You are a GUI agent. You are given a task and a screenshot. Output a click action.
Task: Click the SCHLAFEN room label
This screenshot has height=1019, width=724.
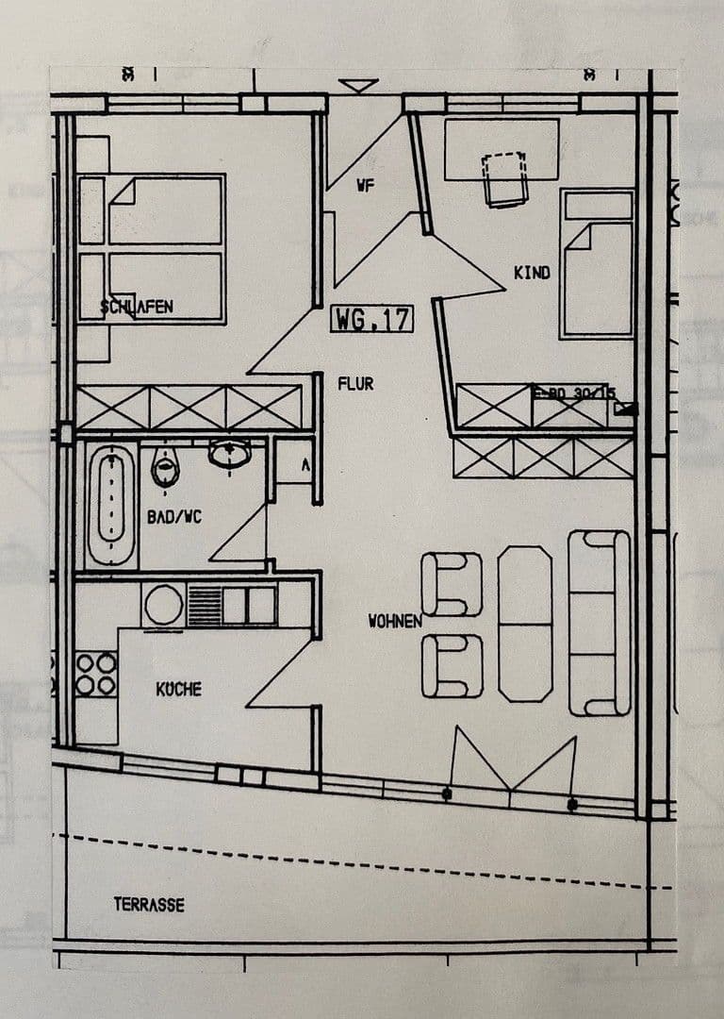point(137,307)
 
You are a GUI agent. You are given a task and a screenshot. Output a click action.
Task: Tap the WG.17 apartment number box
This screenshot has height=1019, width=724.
point(371,319)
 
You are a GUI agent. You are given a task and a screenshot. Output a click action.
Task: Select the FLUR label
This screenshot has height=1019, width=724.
point(355,384)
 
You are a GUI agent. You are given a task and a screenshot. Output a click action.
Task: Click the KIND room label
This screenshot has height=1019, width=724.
point(531,273)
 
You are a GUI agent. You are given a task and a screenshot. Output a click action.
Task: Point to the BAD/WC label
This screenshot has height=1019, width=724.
point(173,517)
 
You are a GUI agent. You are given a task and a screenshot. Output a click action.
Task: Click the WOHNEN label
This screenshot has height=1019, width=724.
point(395,622)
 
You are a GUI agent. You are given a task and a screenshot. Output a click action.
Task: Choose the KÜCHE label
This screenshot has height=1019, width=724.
point(178,690)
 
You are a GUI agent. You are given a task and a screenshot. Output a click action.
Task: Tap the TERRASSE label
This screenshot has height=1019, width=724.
point(149,904)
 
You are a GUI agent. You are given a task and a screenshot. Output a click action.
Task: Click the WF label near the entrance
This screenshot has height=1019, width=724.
point(366,186)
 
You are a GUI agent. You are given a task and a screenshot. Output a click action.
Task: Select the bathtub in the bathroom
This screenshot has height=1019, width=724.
point(110,506)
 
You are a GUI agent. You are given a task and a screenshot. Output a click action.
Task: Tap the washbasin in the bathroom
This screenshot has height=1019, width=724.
point(229,454)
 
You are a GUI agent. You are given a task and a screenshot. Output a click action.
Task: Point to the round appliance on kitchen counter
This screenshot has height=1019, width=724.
point(164,605)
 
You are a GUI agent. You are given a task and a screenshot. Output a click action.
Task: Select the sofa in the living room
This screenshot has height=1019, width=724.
point(599,623)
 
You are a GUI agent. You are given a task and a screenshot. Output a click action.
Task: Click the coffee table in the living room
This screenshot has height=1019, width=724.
point(525,624)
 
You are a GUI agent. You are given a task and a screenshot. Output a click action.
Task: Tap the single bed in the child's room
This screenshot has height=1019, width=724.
point(597,263)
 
